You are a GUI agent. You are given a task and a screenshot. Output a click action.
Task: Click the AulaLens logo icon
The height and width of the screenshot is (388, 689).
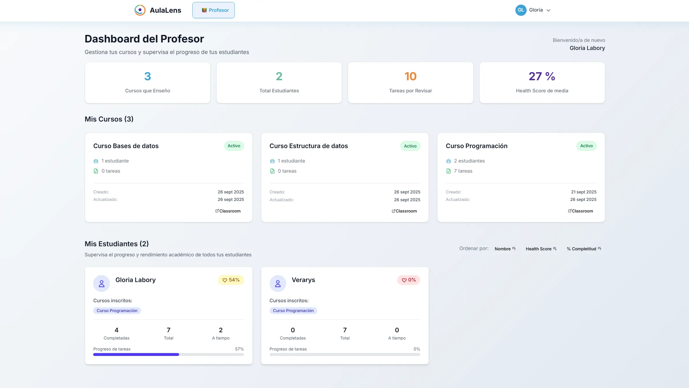click(140, 10)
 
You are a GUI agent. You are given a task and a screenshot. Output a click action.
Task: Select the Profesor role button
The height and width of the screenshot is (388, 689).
click(213, 10)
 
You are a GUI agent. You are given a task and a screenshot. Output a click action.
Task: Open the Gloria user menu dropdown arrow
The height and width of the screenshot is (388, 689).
click(549, 10)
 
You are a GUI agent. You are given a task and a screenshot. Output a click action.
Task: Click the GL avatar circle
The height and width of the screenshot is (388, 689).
click(521, 10)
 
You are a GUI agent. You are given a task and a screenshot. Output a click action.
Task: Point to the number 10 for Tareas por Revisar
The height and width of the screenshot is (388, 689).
click(410, 77)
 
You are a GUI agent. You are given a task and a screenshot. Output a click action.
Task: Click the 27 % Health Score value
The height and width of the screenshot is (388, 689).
click(542, 77)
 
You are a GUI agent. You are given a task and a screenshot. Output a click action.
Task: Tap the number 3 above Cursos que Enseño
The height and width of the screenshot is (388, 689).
click(147, 77)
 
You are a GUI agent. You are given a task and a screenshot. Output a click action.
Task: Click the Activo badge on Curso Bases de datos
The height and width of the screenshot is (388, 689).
click(234, 146)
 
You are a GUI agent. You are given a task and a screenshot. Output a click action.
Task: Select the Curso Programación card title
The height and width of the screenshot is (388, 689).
click(476, 146)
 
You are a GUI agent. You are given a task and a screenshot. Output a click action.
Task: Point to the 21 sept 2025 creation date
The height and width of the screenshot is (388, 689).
click(583, 192)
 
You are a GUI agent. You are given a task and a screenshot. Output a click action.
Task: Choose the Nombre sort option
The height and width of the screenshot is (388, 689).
click(505, 249)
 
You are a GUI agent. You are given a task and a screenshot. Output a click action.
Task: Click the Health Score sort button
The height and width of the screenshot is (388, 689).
click(541, 249)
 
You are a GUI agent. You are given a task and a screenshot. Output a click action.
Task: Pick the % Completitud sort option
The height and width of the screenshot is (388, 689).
click(584, 249)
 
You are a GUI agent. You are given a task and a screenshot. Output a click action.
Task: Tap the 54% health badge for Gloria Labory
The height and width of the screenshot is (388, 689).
click(231, 280)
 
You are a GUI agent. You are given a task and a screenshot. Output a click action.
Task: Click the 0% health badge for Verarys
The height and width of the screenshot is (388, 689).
click(409, 280)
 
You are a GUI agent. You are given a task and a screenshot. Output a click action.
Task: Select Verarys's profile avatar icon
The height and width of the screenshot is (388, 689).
click(278, 283)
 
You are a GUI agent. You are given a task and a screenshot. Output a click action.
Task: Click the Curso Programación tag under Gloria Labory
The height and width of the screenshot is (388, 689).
click(117, 311)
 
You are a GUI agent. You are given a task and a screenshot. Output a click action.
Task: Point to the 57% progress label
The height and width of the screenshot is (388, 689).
click(239, 349)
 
